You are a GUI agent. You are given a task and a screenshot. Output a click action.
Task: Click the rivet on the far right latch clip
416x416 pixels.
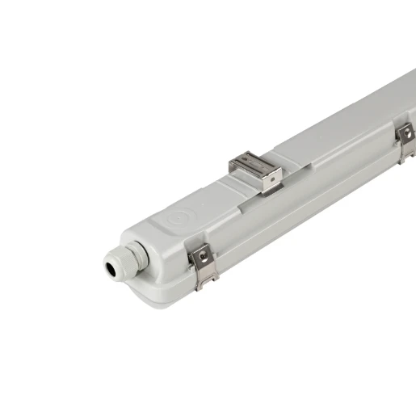click(x=408, y=133)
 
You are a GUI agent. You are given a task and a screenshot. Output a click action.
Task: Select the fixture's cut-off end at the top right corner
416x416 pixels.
click(x=408, y=81)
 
